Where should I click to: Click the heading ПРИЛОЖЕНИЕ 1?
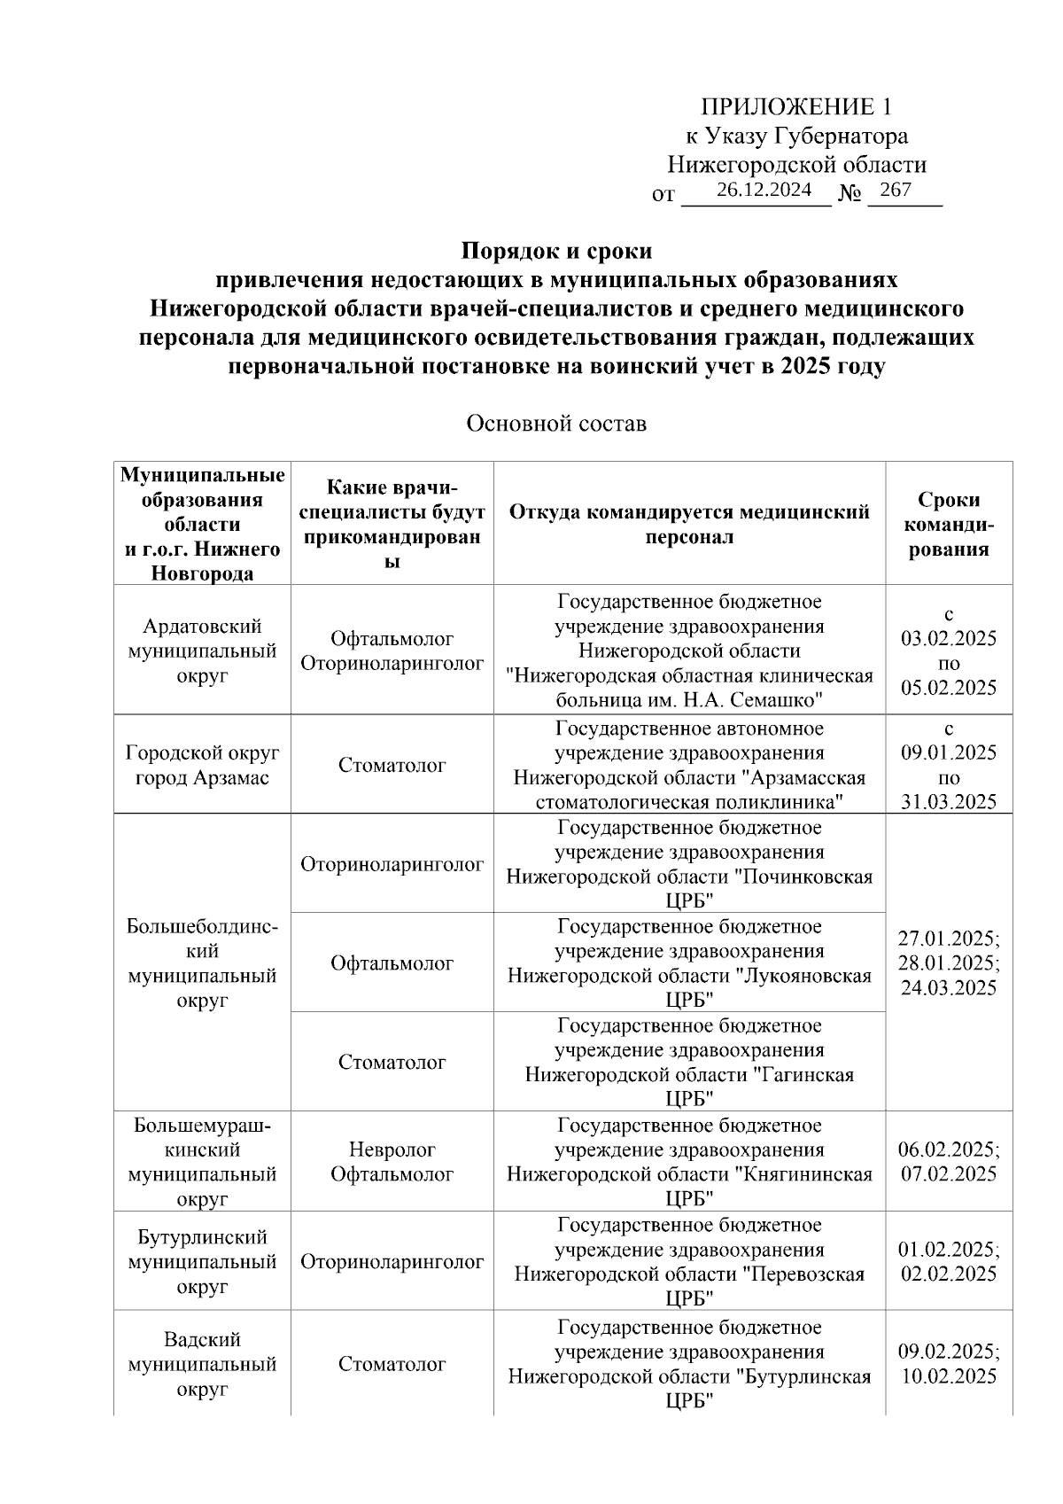pos(796,107)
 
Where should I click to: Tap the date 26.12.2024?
pos(764,190)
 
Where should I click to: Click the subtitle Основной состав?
pos(556,424)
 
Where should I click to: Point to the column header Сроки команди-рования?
pos(948,524)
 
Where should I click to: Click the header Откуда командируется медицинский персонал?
pos(689,524)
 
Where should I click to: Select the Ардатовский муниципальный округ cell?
pos(202,651)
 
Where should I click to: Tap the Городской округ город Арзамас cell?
pos(202,765)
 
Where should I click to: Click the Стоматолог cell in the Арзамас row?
pos(392,765)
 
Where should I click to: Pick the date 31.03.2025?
pos(949,802)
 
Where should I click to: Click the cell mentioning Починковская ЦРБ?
pos(689,864)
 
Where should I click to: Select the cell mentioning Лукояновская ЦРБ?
pos(689,963)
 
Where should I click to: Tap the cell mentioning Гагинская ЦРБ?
pos(689,1062)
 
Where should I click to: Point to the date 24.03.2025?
pos(949,988)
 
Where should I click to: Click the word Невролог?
pos(392,1149)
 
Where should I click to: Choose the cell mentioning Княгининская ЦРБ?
pos(689,1162)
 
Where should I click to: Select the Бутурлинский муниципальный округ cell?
pos(202,1261)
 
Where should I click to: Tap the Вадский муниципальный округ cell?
pos(202,1364)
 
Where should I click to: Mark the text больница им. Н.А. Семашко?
pos(689,700)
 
